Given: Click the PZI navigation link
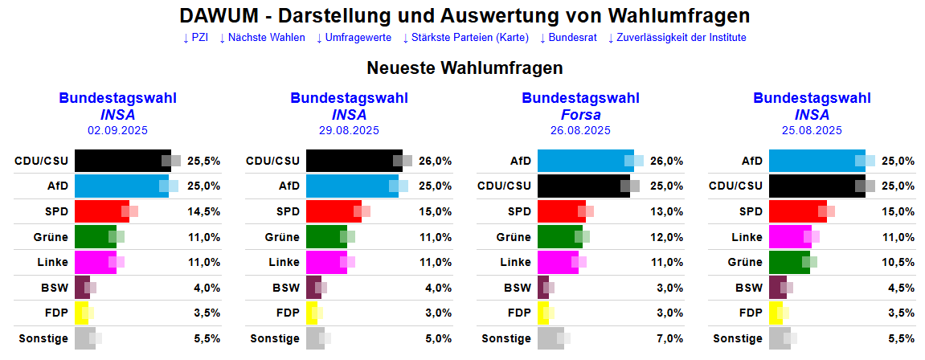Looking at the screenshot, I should [195, 38].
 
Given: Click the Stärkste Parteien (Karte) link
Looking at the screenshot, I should [465, 38].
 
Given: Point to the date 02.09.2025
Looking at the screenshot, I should [117, 130].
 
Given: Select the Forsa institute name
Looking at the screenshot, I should [580, 114].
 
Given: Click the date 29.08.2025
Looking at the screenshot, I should [349, 130].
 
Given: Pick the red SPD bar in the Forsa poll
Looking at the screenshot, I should [560, 211].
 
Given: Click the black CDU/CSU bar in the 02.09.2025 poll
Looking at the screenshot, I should [121, 161].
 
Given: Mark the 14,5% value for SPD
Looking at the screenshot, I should [204, 211].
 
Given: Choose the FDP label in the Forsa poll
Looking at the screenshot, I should [519, 313].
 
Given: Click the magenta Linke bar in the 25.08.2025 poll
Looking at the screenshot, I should [788, 237].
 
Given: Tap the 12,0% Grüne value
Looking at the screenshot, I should [667, 237].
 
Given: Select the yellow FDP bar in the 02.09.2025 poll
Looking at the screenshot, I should [80, 313].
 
